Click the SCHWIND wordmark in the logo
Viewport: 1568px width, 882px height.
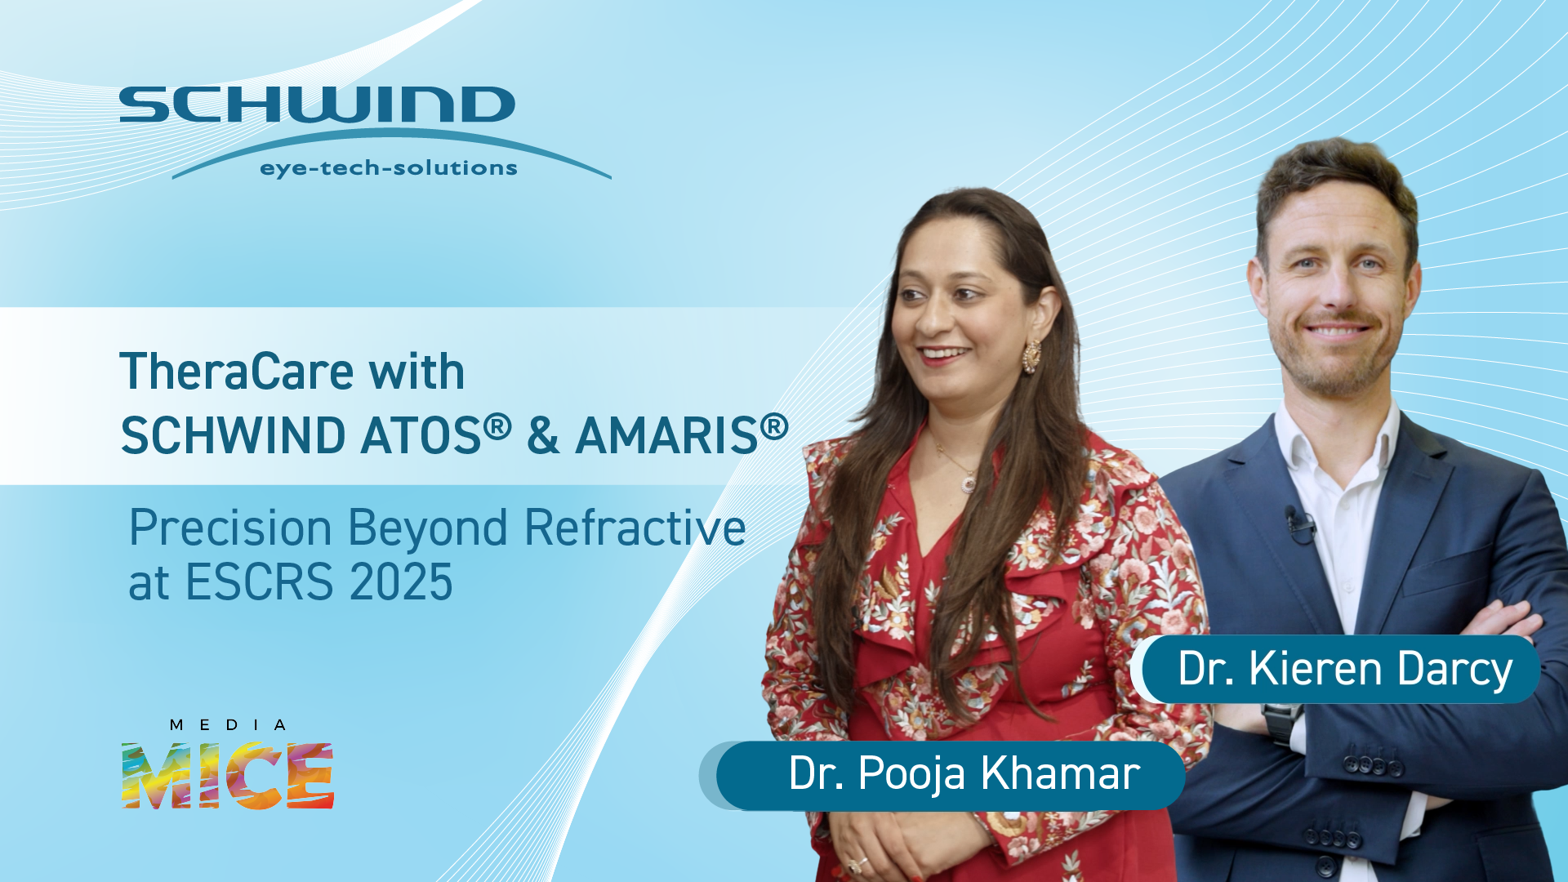tap(317, 105)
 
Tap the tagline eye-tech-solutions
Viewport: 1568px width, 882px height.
tap(389, 168)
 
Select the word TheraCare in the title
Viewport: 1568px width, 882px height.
tap(237, 372)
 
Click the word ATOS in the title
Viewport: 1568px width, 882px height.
tap(421, 434)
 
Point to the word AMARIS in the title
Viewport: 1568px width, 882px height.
tap(667, 434)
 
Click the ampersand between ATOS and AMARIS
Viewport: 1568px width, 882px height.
tap(543, 434)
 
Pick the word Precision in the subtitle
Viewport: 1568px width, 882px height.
tap(230, 528)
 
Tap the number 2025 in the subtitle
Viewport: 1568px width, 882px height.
tap(401, 582)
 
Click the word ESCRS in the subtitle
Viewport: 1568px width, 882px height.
tap(260, 582)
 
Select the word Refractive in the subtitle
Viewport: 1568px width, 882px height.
tap(635, 528)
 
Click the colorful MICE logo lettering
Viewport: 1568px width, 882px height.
tap(228, 775)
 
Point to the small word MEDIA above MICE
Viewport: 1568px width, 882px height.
tap(228, 725)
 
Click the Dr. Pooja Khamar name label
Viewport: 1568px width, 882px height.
tap(950, 774)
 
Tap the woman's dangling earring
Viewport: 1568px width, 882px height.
tap(1032, 356)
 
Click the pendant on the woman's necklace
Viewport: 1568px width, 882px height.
tap(969, 483)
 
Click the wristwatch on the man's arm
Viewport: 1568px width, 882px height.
tap(1282, 722)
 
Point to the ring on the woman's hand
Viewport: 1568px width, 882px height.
tap(857, 862)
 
